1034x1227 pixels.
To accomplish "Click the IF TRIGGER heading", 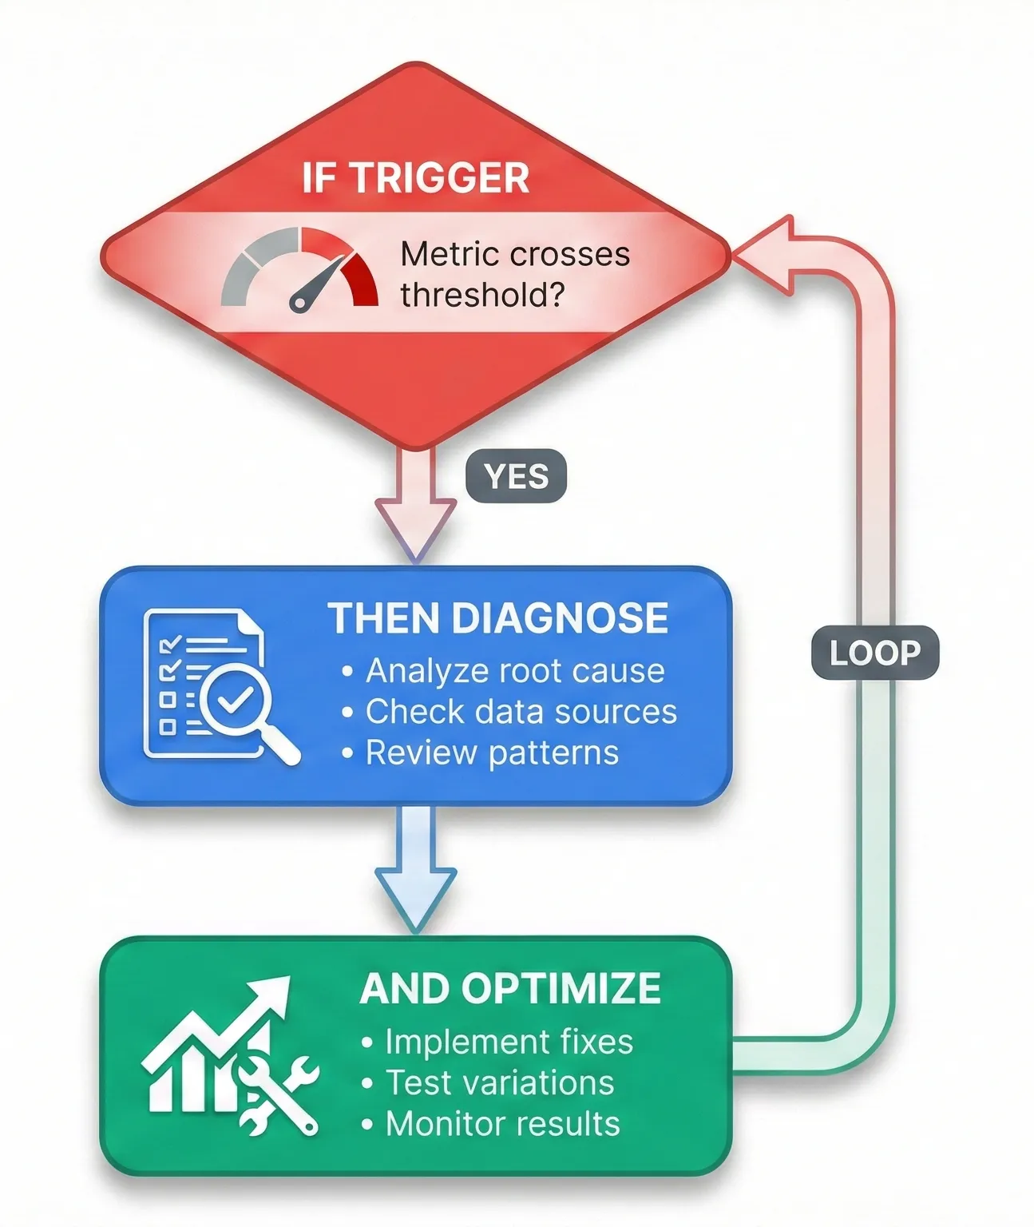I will tap(415, 177).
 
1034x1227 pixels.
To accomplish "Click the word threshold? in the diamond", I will tap(482, 295).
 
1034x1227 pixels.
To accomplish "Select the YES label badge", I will tap(516, 477).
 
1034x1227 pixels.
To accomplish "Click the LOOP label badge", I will tap(874, 653).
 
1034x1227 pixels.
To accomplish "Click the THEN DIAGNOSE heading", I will tap(498, 618).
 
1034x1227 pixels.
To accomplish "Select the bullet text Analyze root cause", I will tap(514, 671).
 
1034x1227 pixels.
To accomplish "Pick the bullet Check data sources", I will tap(521, 712).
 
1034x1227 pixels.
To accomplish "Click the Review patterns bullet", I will tap(492, 752).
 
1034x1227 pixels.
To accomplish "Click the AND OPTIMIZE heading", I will tap(510, 989).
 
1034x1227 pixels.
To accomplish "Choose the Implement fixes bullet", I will tap(509, 1042).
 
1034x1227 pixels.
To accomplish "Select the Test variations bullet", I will tap(500, 1082).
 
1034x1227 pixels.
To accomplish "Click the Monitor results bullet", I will tap(502, 1124).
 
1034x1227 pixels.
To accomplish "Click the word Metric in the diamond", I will tap(449, 254).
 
